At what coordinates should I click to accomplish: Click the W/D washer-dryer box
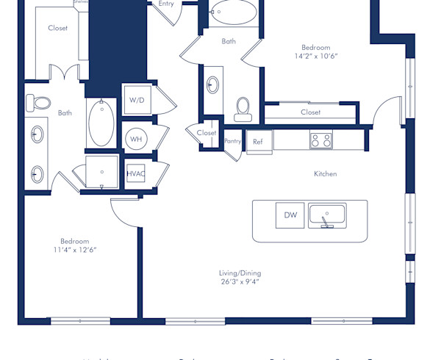coord(137,99)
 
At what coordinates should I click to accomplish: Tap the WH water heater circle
coord(135,138)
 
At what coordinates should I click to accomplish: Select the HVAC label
coord(135,174)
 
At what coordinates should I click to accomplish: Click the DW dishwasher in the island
coord(290,215)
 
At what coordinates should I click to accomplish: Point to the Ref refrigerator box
coord(258,142)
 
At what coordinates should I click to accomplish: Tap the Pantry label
coord(232,141)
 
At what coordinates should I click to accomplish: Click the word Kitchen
coord(326,174)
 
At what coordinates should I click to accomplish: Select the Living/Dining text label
coord(240,273)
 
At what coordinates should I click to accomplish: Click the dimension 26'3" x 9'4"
coord(240,281)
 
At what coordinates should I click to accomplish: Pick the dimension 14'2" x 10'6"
coord(316,56)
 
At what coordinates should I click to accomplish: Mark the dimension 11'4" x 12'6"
coord(75,250)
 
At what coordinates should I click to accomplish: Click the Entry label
coord(167,4)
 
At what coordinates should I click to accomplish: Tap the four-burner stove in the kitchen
coord(321,140)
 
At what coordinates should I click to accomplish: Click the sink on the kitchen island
coord(327,215)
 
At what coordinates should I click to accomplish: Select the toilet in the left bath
coord(42,104)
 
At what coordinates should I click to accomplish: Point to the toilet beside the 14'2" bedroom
coord(243,109)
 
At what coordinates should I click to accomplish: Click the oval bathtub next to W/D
coord(101,122)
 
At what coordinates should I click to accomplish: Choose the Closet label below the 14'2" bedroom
coord(310,112)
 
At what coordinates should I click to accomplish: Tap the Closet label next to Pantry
coord(207,133)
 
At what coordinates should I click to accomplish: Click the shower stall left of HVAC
coord(101,172)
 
